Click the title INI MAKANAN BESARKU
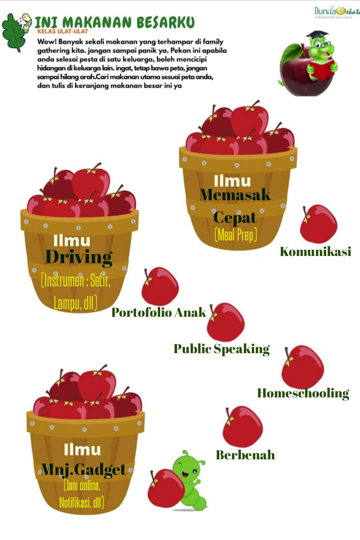[114, 22]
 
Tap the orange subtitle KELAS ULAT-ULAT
[63, 31]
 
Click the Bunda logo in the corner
[337, 12]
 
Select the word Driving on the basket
[79, 257]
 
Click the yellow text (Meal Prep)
[236, 235]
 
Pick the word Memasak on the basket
[235, 195]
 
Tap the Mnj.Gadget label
[84, 469]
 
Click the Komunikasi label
[315, 252]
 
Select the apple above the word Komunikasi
[318, 224]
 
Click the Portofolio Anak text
[159, 312]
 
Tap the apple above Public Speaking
[226, 322]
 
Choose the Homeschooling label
[303, 393]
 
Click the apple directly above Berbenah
[242, 427]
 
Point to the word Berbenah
[245, 455]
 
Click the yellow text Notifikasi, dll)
[82, 502]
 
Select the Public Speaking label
[221, 349]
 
